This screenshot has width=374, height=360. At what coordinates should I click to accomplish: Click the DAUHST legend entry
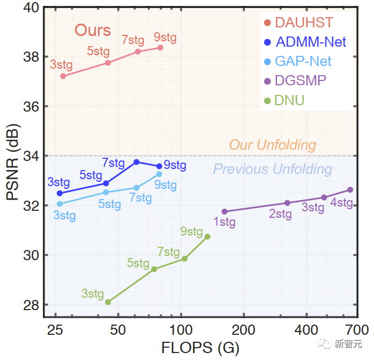click(x=303, y=23)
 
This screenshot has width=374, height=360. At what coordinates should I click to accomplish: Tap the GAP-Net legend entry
click(x=303, y=61)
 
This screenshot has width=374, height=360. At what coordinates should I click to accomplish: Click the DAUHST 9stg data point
click(x=160, y=48)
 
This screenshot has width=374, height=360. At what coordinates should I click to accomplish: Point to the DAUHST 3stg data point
click(x=63, y=76)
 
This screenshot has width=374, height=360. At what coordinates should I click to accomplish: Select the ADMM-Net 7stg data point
click(x=137, y=161)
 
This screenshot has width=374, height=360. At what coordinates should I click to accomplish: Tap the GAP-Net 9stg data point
click(x=159, y=174)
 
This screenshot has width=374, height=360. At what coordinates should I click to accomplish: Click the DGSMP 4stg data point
click(x=350, y=189)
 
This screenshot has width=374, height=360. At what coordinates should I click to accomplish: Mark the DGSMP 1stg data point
click(x=225, y=211)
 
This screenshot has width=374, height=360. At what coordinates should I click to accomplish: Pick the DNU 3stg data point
click(x=108, y=302)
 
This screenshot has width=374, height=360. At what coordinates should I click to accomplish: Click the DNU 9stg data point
click(x=207, y=237)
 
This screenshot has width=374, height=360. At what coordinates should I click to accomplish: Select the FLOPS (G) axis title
click(x=200, y=347)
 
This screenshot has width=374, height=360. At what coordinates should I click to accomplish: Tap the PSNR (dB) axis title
click(x=13, y=161)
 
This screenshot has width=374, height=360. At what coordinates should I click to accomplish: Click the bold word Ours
click(x=93, y=30)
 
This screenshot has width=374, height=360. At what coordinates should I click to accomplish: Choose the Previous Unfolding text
click(x=273, y=170)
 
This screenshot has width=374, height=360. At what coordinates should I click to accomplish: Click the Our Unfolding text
click(x=273, y=145)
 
